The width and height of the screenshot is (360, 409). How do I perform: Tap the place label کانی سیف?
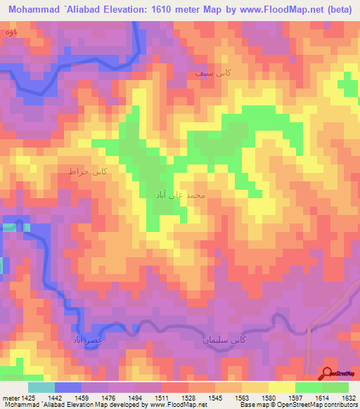[x=214, y=72]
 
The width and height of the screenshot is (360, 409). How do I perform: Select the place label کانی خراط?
[x=86, y=171]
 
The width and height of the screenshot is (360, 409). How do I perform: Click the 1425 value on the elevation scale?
[x=25, y=397]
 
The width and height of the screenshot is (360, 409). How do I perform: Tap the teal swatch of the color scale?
[x=41, y=387]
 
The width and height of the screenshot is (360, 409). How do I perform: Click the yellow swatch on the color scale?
[x=281, y=387]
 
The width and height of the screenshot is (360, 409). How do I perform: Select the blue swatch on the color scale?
[x=68, y=387]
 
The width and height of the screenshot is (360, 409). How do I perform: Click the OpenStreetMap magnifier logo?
[x=329, y=374]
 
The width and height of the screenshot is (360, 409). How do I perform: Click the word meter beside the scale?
[x=9, y=397]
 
